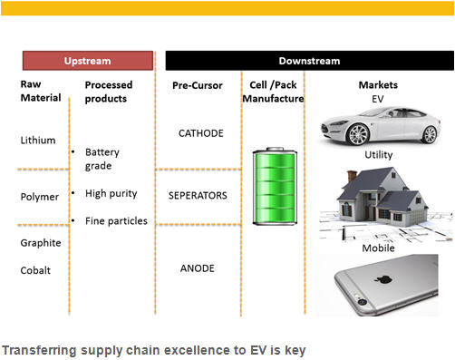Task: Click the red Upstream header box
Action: point(87,61)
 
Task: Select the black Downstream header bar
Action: point(308,61)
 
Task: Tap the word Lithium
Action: point(37,141)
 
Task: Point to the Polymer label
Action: point(39,197)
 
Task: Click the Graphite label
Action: point(40,243)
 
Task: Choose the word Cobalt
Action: point(35,270)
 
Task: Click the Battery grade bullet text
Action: point(102,159)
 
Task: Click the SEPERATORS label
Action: point(198,195)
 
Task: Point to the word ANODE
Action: point(198,268)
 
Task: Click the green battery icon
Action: point(272,189)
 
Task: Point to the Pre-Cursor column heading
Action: point(197,85)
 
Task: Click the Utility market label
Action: point(378,155)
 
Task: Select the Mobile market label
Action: point(378,248)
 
